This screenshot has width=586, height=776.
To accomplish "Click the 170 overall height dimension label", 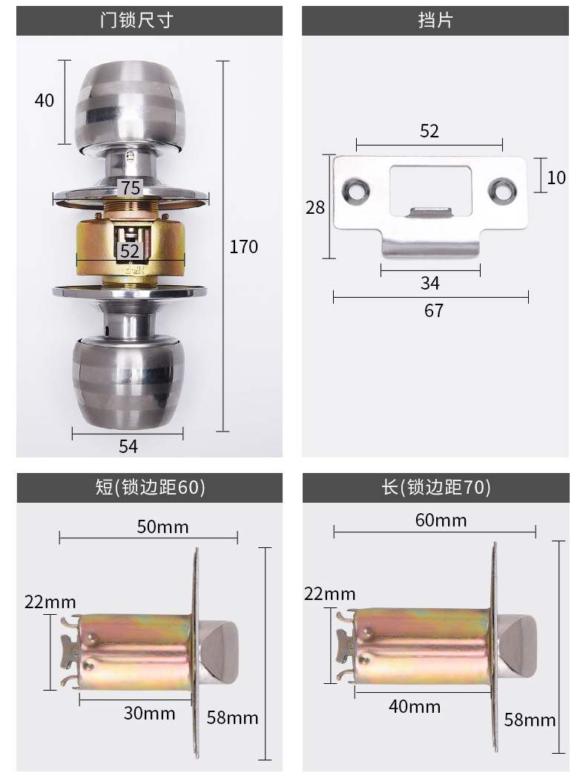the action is (x=243, y=247).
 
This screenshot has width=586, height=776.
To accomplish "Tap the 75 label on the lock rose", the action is (x=131, y=188).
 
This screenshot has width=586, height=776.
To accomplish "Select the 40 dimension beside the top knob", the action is (x=44, y=100).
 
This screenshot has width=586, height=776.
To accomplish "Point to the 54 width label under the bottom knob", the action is (x=128, y=446).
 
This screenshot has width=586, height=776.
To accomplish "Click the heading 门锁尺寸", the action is (x=137, y=21).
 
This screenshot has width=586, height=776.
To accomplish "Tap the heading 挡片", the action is (x=435, y=21).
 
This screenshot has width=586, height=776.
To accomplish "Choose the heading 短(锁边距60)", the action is (x=150, y=487).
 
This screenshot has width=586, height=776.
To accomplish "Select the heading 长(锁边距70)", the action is (x=435, y=487).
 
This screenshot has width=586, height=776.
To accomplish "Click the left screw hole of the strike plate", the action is (x=357, y=190).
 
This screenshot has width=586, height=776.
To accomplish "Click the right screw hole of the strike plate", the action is (x=502, y=191).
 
